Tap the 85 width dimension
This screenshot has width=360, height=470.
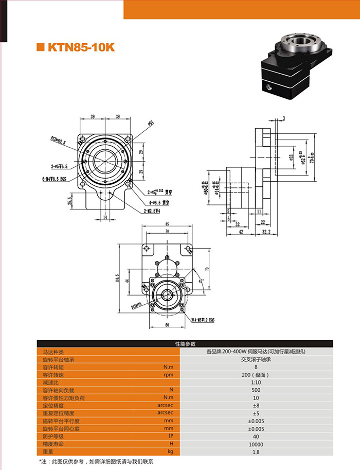167,224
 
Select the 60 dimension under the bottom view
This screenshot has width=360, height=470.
167,326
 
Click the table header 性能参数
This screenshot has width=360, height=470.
185,343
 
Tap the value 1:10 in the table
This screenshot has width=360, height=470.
256,382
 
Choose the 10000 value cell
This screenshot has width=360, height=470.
256,444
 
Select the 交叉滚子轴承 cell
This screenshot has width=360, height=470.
256,359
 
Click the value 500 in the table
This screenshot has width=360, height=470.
256,390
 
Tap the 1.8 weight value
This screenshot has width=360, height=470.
256,452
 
